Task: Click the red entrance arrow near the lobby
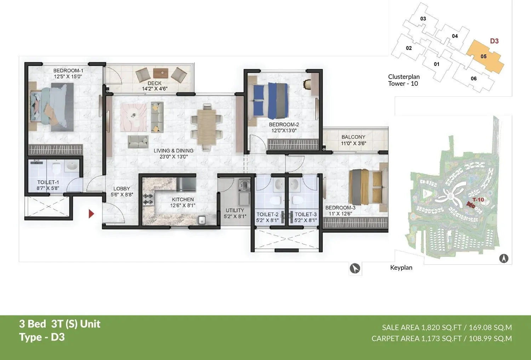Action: click(91, 214)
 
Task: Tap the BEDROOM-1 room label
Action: click(68, 71)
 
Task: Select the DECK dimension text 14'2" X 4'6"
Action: click(154, 89)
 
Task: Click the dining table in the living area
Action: click(207, 126)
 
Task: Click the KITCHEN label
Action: click(183, 199)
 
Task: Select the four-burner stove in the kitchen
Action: click(148, 199)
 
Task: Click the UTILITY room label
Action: click(235, 210)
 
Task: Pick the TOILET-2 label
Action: click(267, 214)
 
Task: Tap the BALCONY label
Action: click(353, 137)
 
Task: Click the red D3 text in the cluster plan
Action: click(494, 41)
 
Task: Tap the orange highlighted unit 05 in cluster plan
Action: click(484, 57)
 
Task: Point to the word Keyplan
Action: click(401, 268)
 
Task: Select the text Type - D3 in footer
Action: click(42, 337)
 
